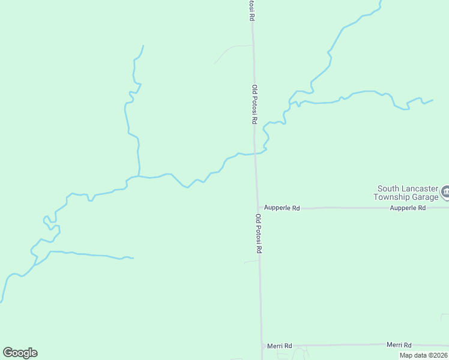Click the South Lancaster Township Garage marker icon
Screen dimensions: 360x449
(x=445, y=192)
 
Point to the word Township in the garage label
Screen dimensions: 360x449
(x=392, y=197)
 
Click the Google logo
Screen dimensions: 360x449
(x=20, y=353)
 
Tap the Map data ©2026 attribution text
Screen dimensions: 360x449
(x=423, y=355)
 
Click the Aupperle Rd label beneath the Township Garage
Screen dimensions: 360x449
(x=408, y=208)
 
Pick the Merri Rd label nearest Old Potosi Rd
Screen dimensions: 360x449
(x=280, y=346)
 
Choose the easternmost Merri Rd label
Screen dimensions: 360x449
(x=399, y=345)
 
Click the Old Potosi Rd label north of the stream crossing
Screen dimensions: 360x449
(x=255, y=104)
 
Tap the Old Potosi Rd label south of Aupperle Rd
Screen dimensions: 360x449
(x=259, y=233)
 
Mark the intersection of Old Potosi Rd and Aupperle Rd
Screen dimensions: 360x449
(x=258, y=208)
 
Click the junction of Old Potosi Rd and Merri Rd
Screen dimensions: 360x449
(x=262, y=346)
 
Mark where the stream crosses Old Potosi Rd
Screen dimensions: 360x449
(x=255, y=154)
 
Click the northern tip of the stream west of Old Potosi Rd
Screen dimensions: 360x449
(x=143, y=46)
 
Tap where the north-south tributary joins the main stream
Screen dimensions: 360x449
(x=139, y=176)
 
